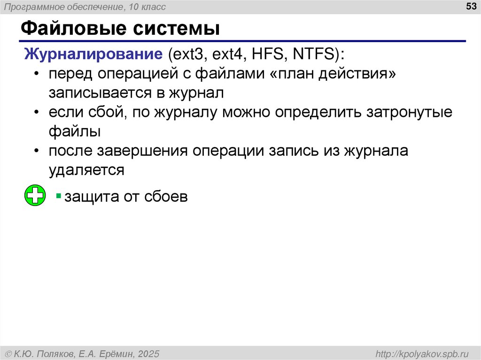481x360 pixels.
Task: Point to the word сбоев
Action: [x=166, y=196]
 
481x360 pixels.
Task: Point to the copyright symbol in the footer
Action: [x=8, y=353]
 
